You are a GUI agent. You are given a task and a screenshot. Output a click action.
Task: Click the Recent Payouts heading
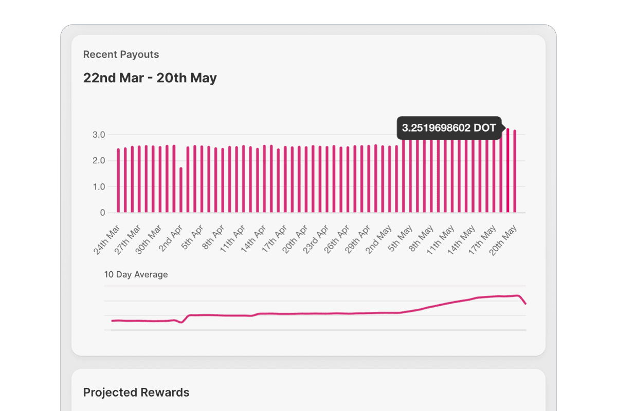point(121,54)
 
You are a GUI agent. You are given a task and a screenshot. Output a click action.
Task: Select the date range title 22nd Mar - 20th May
point(150,78)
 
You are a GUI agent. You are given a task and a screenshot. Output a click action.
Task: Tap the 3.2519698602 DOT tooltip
point(448,128)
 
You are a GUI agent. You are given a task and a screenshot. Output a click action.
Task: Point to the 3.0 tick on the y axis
point(99,135)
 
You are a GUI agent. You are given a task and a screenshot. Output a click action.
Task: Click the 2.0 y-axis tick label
point(99,161)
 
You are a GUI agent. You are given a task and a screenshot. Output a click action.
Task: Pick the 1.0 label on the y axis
point(99,187)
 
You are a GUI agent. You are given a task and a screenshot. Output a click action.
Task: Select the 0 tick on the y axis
point(103,213)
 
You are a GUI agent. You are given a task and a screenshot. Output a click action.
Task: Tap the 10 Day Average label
point(136,274)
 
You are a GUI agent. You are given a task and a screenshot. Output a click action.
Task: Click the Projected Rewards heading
point(136,393)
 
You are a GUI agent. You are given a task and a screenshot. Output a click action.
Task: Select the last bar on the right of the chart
point(515,171)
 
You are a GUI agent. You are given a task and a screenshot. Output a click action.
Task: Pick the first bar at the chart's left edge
point(118,180)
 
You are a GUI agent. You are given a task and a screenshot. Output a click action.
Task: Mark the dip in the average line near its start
point(181,322)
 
